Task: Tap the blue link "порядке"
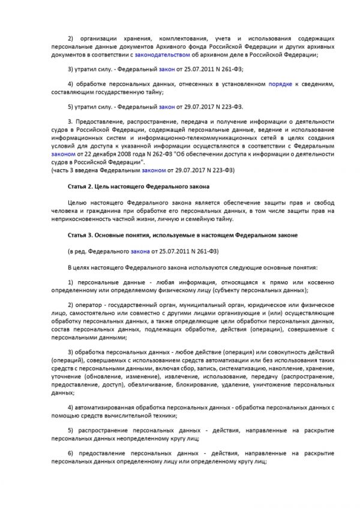click(280, 84)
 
